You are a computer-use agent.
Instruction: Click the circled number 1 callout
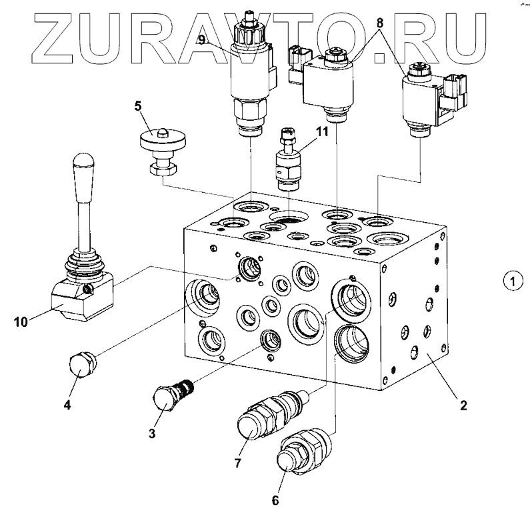[510, 282]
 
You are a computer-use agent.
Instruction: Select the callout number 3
[152, 434]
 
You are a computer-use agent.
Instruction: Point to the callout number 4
[67, 404]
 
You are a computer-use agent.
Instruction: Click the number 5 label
[137, 105]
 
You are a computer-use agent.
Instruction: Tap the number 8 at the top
[379, 21]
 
